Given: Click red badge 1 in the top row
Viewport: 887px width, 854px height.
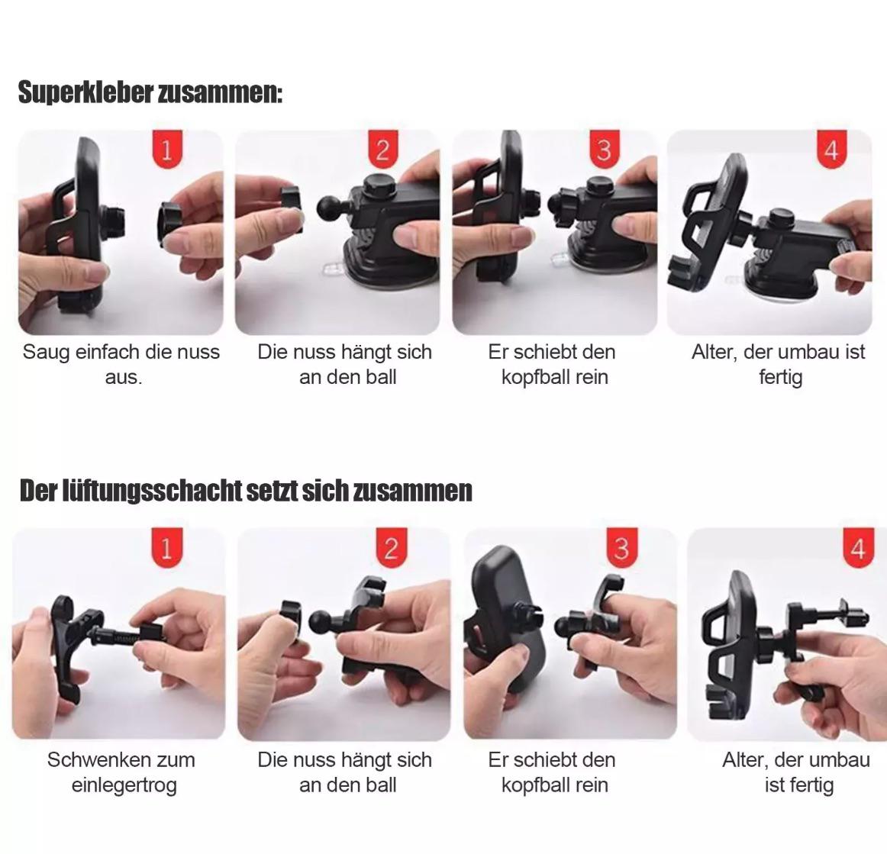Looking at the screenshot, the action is coord(167,150).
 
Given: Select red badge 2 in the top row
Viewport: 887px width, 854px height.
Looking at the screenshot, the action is coord(383,150).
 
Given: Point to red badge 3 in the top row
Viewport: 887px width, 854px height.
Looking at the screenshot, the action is coord(605,150).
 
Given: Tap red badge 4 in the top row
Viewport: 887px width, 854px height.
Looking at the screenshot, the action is coord(831,150).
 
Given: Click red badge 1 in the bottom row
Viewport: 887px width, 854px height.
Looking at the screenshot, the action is coord(167,547).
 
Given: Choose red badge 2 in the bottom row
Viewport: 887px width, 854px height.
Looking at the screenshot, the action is coord(392,547).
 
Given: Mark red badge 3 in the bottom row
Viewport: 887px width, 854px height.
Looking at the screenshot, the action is coord(621,547).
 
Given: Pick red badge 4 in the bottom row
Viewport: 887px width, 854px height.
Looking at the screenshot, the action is coord(858,547).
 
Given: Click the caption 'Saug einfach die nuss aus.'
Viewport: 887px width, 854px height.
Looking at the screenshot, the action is coord(121,364).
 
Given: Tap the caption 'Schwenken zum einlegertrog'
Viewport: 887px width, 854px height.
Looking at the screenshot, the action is coord(121,772).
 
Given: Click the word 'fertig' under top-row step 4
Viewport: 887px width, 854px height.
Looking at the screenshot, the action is coord(781,378).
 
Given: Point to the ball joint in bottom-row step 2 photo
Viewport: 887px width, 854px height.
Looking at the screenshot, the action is coord(322,621).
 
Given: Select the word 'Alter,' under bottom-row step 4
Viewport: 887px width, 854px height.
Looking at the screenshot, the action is coord(745,760).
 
